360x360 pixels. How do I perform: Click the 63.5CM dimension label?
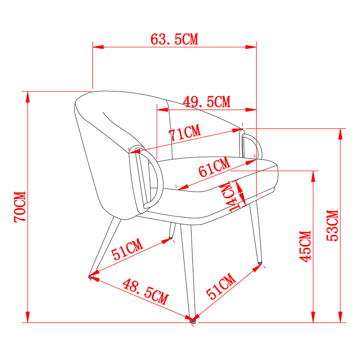[174, 39]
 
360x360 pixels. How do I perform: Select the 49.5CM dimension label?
[207, 102]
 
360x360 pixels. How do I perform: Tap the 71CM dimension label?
[185, 133]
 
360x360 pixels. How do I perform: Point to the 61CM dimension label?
[214, 167]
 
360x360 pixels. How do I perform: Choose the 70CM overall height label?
[20, 207]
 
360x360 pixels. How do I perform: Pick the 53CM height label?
[333, 225]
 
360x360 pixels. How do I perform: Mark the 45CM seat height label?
[305, 247]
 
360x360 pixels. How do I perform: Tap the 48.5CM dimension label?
[145, 292]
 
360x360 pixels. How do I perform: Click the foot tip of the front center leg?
[193, 321]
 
